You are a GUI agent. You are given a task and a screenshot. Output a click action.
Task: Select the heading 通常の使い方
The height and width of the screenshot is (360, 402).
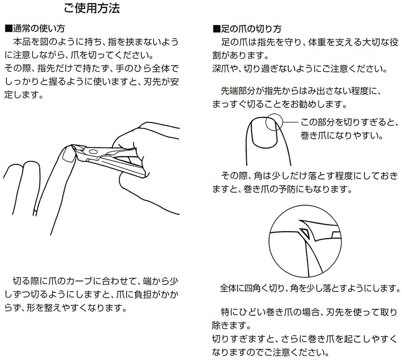37,29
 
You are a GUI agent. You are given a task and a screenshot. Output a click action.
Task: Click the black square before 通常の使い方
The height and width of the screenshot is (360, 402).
7,29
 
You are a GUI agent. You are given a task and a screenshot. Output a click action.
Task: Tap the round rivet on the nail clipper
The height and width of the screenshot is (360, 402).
93,151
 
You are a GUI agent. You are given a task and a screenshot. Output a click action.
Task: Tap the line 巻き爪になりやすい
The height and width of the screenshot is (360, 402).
341,136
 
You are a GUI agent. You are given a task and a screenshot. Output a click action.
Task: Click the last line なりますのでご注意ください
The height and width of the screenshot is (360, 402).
270,353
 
